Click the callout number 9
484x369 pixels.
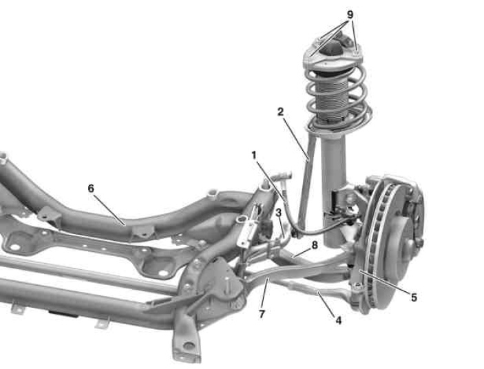pos(350,14)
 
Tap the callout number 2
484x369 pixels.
pos(280,112)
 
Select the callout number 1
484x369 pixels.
pos(254,155)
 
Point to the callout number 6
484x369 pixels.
pos(90,188)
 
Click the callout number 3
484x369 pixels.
pos(279,213)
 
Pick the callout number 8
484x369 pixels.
pos(315,245)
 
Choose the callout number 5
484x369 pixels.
pos(414,297)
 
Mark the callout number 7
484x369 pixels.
pos(262,315)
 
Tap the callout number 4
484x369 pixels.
pos(339,321)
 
